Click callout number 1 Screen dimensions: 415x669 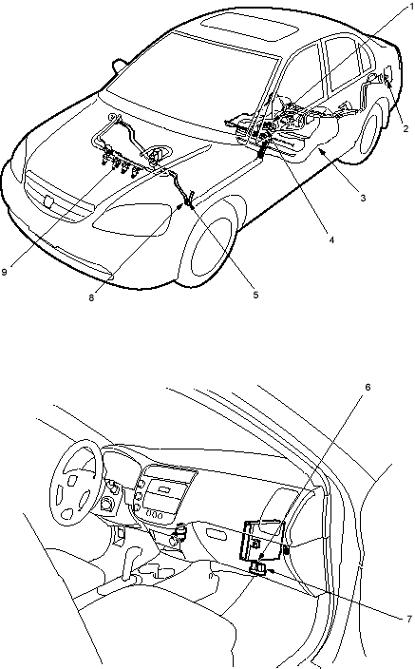pos(411,7)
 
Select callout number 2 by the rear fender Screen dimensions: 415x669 pos(406,127)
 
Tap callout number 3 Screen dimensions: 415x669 pos(363,198)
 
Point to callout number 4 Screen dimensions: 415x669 pos(331,240)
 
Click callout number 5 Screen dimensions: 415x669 pos(255,295)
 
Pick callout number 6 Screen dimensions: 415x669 pos(368,388)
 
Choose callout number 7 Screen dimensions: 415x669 pos(409,619)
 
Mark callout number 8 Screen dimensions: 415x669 pos(91,298)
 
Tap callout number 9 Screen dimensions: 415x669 pos(4,272)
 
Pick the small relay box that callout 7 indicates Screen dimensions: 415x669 pos(258,568)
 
